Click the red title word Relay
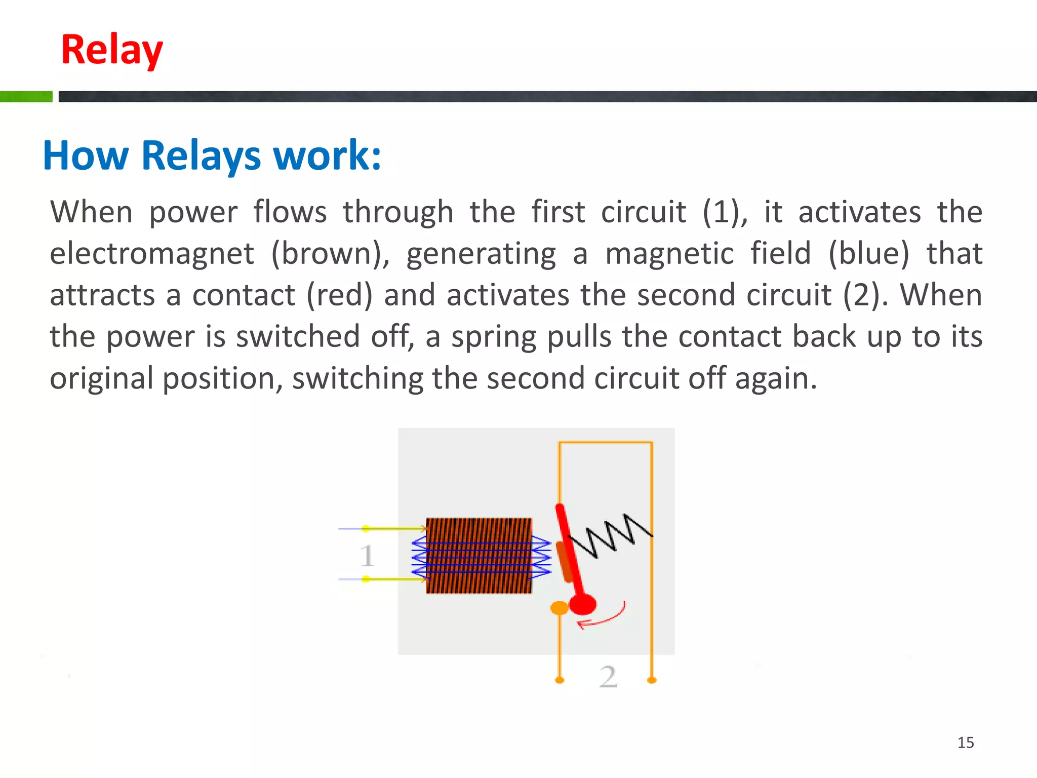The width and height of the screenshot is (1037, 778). coord(112,50)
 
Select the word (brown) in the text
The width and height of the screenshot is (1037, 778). coord(330,254)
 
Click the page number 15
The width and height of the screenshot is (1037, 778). coord(965,743)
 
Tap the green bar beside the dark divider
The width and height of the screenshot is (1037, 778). coord(26,96)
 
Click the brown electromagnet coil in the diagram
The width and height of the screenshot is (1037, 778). coord(478,556)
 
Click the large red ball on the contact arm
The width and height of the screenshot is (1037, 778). coord(583,604)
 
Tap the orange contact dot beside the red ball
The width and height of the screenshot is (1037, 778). coord(559,608)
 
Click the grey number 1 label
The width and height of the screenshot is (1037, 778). coord(367,556)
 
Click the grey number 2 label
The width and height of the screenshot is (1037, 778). coord(608,677)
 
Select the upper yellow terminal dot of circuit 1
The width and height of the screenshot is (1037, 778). coord(366,529)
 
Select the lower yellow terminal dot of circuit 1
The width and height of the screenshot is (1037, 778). coord(366,579)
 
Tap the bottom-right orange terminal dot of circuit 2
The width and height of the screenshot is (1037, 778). coord(652,680)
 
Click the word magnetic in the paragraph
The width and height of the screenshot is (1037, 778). coord(669,254)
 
